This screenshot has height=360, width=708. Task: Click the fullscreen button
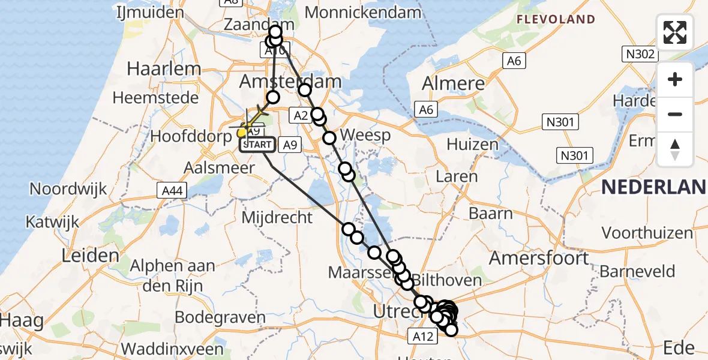675,32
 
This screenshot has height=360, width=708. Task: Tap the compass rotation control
675,149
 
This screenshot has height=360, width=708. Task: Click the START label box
258,145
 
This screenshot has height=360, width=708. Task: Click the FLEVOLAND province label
557,19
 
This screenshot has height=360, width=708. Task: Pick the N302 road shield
640,54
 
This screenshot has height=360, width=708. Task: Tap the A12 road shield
423,336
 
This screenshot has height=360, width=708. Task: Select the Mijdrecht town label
277,217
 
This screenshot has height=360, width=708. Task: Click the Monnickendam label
363,12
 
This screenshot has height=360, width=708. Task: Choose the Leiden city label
91,256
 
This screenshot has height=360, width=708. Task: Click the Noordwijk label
68,189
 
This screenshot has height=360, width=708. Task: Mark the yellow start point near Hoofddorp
242,133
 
